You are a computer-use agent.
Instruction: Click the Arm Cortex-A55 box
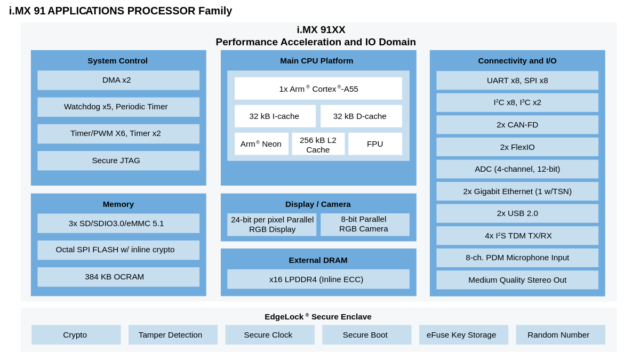coord(318,89)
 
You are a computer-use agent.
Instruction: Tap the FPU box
coord(375,144)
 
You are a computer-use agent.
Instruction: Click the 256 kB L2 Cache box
coord(318,144)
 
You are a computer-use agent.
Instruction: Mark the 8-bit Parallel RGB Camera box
coord(365,223)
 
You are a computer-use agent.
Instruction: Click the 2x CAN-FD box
coord(517,124)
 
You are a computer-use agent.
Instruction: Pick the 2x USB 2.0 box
coord(517,213)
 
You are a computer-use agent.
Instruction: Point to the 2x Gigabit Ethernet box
coord(517,191)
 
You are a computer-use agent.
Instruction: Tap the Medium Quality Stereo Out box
coord(517,279)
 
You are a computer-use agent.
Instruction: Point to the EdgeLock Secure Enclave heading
coord(319,315)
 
